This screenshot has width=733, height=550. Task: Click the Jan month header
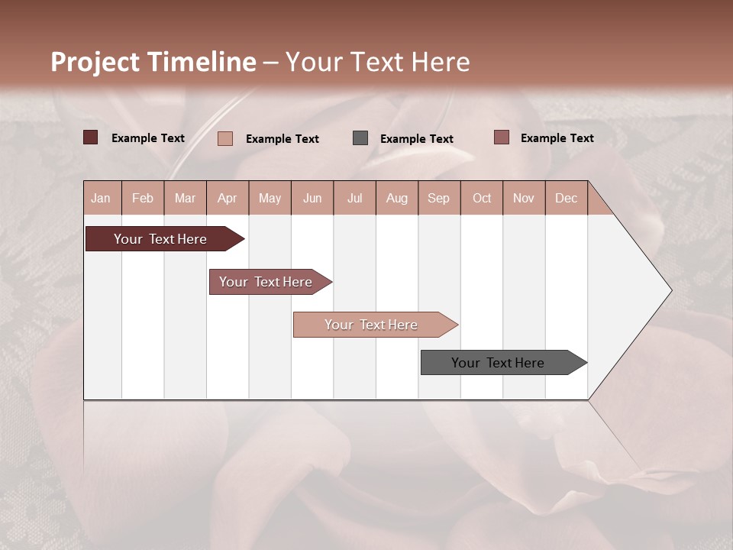click(x=102, y=198)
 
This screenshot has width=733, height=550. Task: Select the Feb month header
click(x=143, y=198)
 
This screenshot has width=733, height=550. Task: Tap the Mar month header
click(x=185, y=198)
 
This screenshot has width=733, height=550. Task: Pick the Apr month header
click(x=228, y=198)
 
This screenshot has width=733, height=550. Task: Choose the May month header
click(x=270, y=198)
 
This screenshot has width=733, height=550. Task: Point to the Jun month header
click(x=312, y=198)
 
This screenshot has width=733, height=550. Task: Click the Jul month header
click(x=354, y=198)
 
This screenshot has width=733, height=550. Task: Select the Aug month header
click(x=397, y=198)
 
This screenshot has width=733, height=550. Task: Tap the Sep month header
click(x=439, y=198)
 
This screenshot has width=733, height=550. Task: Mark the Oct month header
click(x=482, y=198)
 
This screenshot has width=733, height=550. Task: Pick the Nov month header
click(x=524, y=198)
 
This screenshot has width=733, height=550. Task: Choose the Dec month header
click(x=567, y=198)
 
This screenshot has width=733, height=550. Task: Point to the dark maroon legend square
click(x=91, y=137)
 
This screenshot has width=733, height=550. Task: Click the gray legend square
click(x=360, y=137)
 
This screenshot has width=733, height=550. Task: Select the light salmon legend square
click(x=225, y=138)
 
